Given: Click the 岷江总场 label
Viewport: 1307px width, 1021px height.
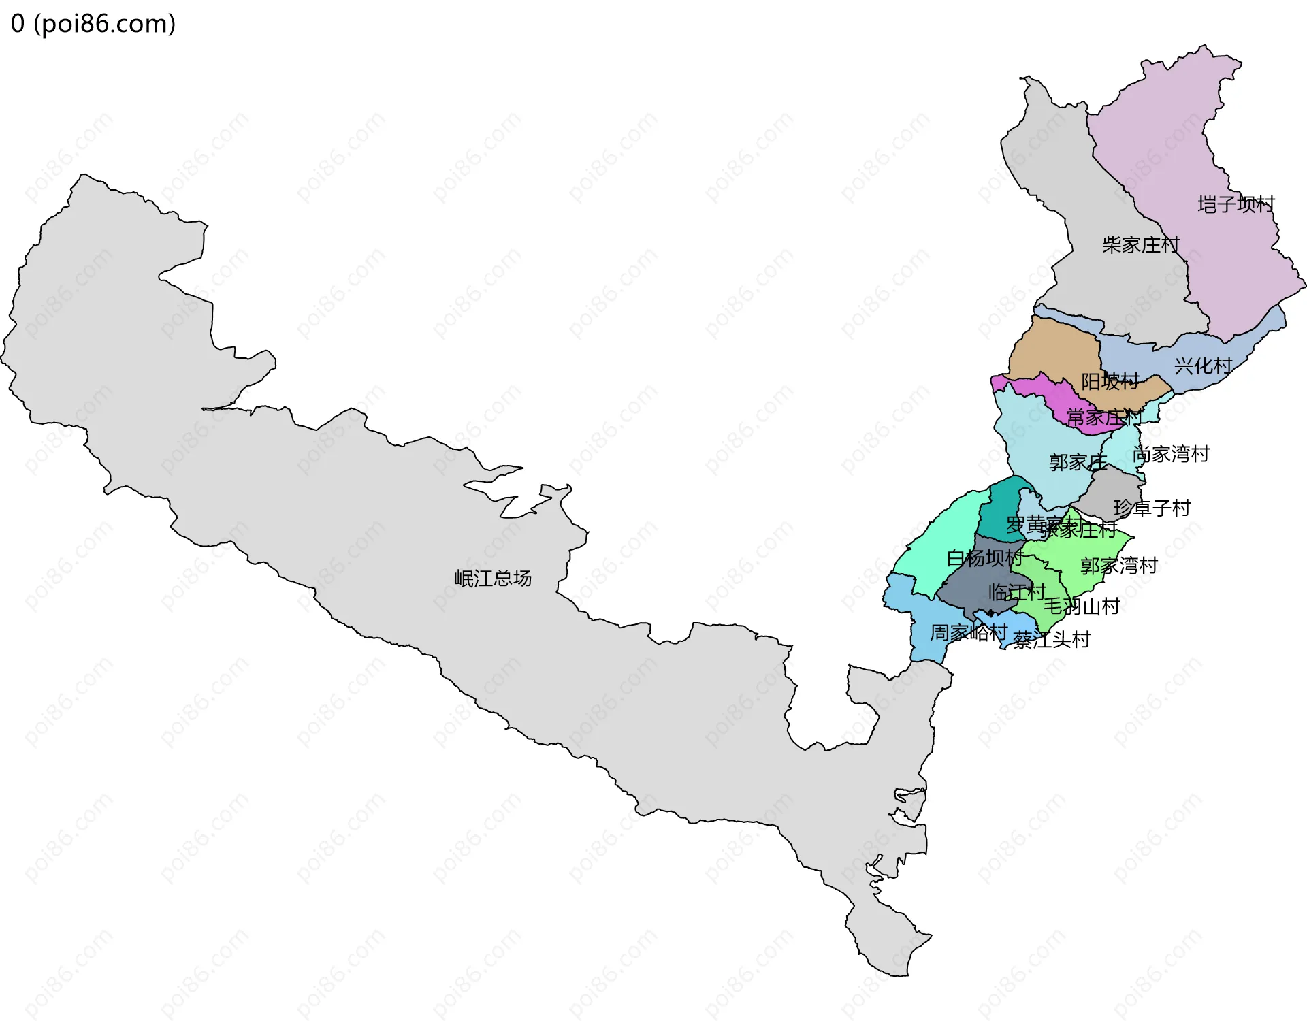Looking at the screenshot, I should pos(493,579).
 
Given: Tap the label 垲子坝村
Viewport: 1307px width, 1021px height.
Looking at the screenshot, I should pos(1236,204).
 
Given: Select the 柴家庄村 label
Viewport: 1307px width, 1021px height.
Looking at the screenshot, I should pos(1140,245).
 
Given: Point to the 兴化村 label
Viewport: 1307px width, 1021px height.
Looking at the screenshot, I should pos(1203,366).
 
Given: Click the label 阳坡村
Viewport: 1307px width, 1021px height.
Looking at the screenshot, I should pos(1110,381).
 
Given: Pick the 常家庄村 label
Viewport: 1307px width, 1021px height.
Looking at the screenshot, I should pos(1103,417).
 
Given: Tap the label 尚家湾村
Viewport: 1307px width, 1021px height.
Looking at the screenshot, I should pos(1171,454).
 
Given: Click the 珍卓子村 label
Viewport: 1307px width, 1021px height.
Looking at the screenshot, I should pos(1152,508).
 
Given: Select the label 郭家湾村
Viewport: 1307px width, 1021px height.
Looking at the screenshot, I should pos(1119,566).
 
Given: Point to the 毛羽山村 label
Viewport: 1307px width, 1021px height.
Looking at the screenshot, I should pos(1082,606).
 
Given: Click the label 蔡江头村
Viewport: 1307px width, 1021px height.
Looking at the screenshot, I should pos(1052,640).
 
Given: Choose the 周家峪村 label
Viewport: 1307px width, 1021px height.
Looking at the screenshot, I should pos(968,633).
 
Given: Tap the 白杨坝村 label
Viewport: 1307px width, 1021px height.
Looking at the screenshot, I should pos(985,558).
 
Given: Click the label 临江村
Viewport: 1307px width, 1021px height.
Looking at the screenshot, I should pos(1016,592).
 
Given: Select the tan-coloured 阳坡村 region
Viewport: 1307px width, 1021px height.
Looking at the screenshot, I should pos(1052,347).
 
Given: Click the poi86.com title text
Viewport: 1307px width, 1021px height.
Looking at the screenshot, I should pos(93,24).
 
